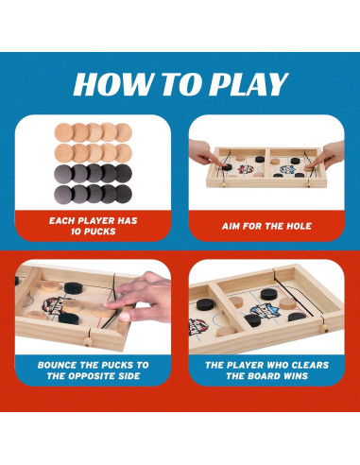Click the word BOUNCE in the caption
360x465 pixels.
tap(62, 364)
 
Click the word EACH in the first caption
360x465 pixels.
tap(63, 220)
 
